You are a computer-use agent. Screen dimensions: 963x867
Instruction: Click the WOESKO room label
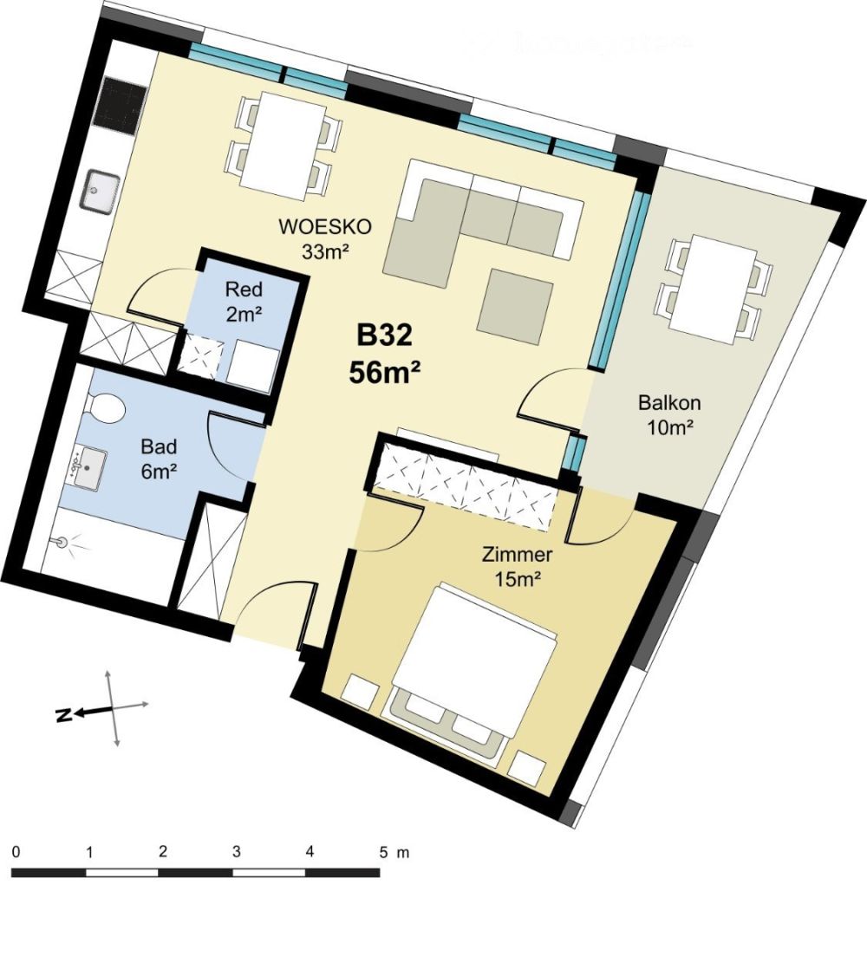[x=324, y=227]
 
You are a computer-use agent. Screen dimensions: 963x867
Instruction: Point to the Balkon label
[x=668, y=403]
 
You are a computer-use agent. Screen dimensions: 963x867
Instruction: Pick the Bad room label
[x=159, y=447]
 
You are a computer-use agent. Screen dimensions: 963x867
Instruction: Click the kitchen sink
[x=101, y=192]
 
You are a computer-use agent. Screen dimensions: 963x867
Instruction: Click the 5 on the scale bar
[x=383, y=851]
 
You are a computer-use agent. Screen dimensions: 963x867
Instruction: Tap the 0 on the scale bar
[x=16, y=851]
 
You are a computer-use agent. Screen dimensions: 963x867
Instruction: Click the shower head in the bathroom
[x=62, y=542]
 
